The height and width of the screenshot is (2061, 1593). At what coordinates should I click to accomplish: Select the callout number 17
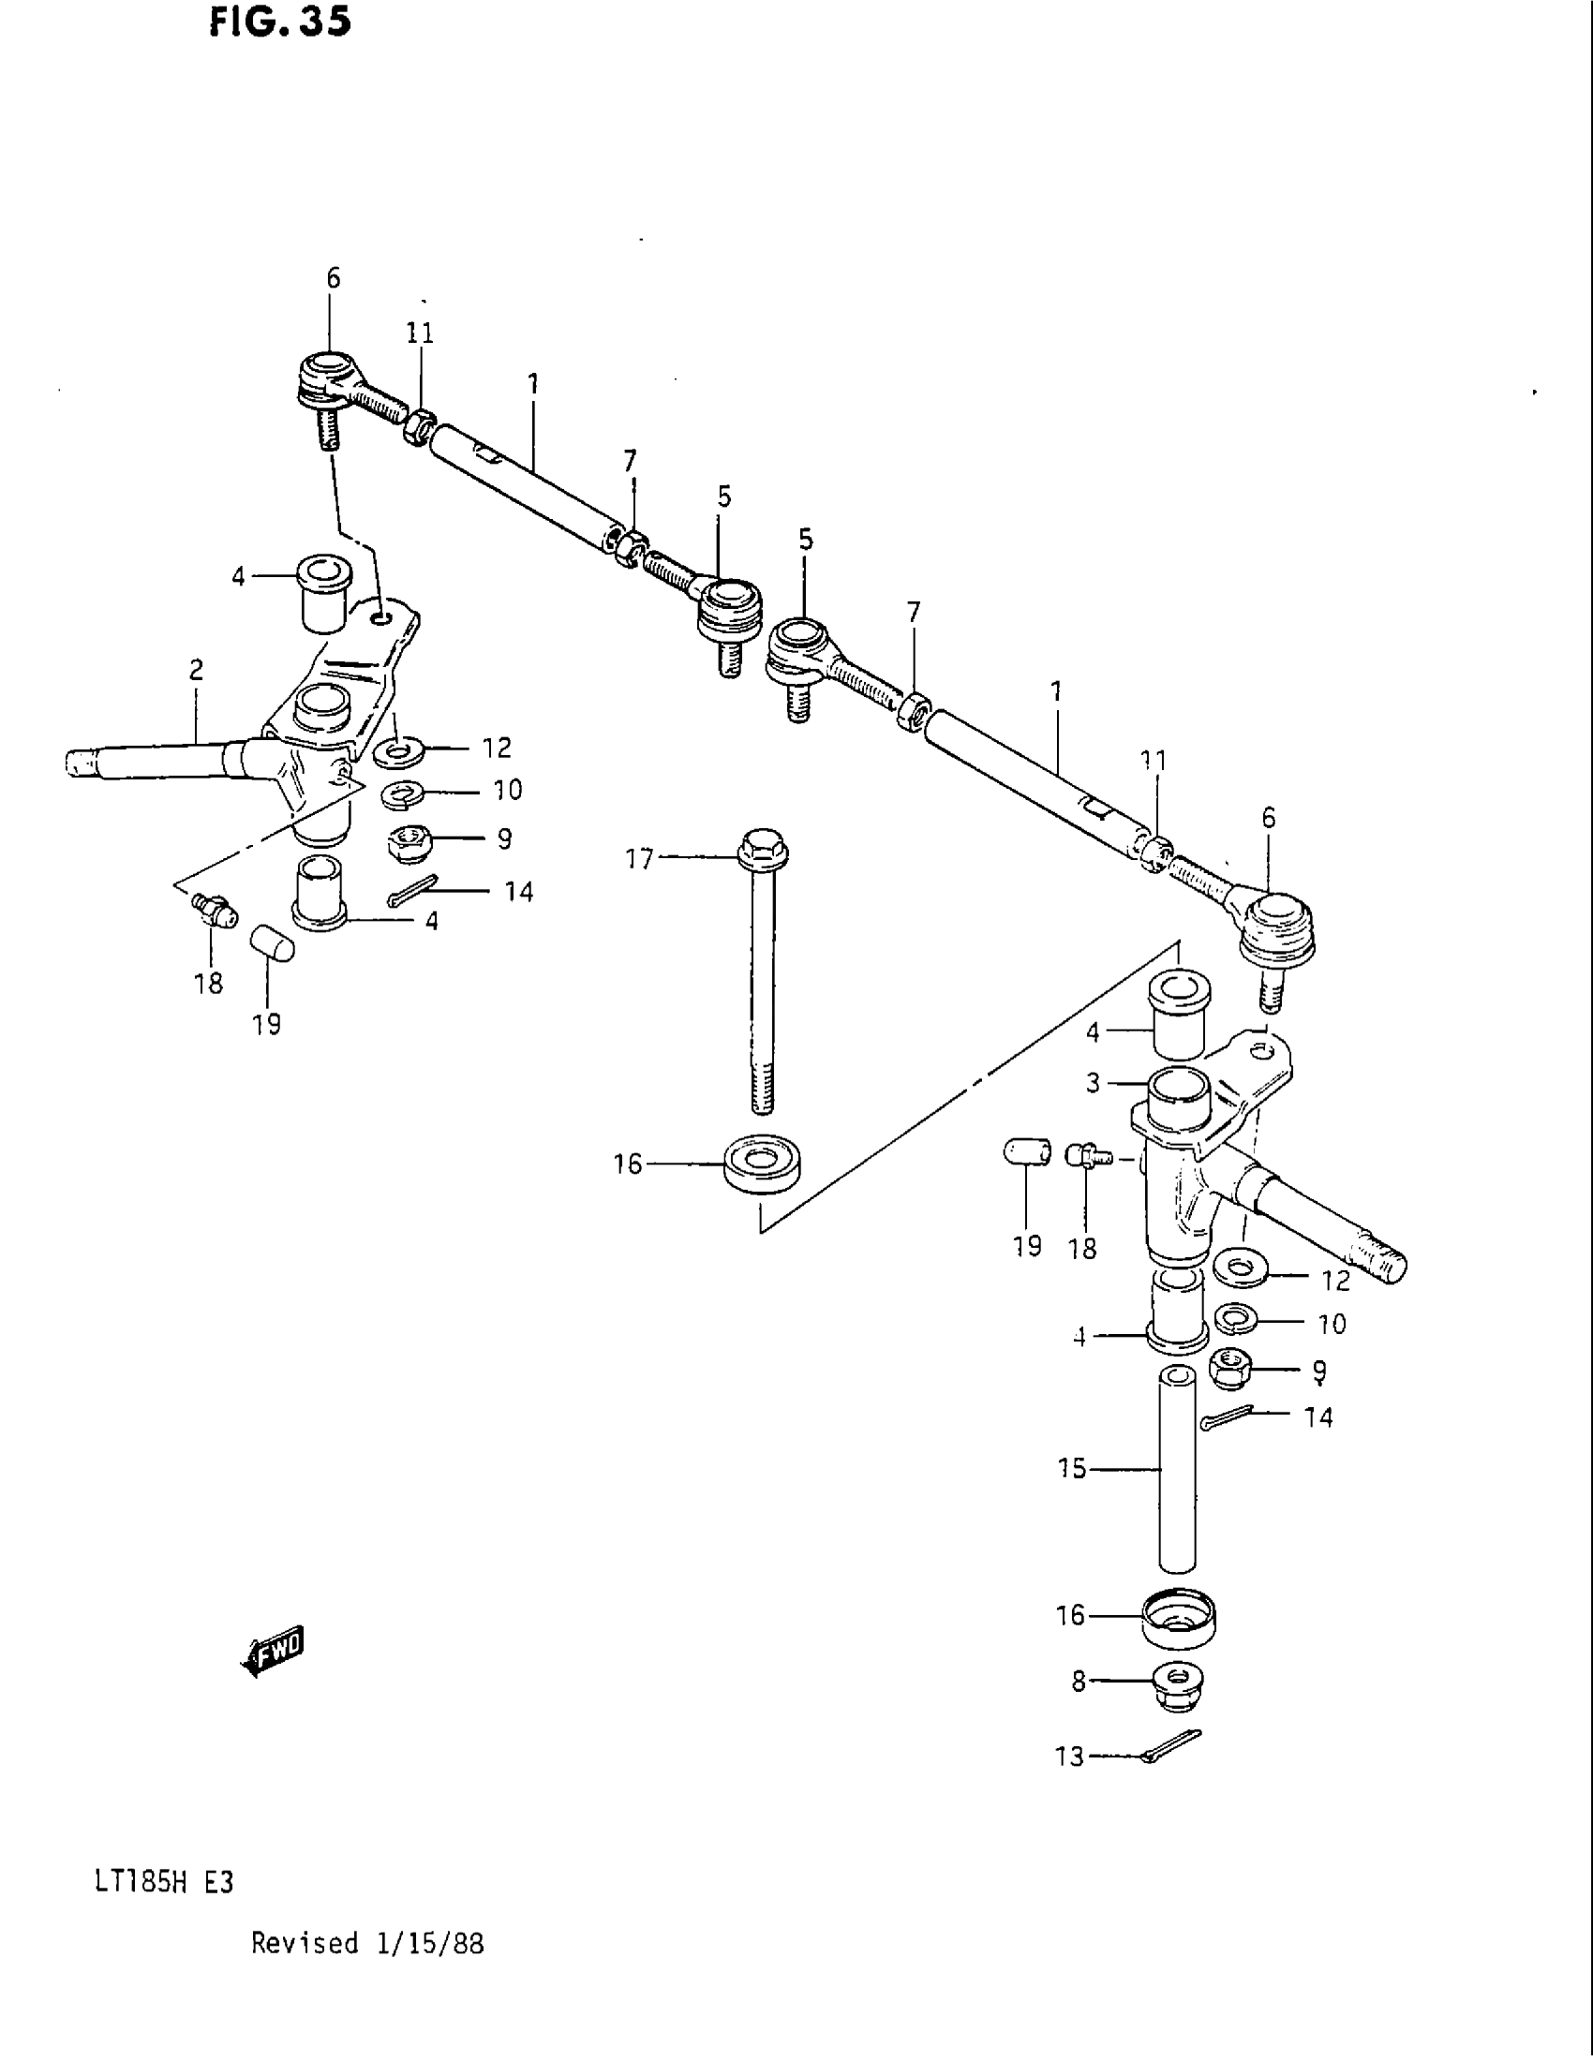639,859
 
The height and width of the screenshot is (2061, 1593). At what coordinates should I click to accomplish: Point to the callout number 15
1072,1468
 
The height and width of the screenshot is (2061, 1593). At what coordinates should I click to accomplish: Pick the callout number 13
1070,1757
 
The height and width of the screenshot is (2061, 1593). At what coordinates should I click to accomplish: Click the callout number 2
196,670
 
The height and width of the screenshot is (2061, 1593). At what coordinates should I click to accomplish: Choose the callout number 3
1093,1083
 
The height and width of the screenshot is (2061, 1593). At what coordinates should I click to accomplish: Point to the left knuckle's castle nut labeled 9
408,842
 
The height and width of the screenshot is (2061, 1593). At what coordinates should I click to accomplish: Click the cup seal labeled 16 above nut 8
1178,1618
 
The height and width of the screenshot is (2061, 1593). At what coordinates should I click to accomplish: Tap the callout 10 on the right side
1332,1325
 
